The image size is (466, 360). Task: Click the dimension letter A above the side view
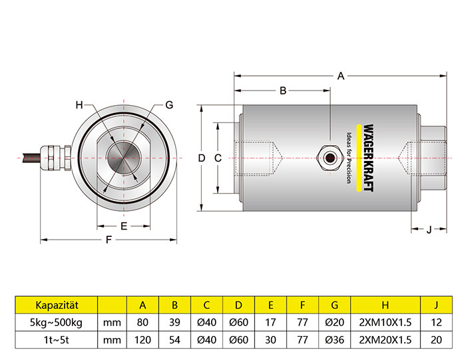341,76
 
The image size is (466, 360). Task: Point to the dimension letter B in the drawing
283,90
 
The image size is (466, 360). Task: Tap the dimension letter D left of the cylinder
202,158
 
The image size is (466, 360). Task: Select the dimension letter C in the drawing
218,158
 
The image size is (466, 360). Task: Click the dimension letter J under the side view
429,230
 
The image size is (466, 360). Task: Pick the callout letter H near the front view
79,105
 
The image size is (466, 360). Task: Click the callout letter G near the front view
169,105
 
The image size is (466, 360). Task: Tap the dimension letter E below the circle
124,226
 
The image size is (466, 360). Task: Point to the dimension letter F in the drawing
109,240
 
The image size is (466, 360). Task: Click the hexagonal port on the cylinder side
330,158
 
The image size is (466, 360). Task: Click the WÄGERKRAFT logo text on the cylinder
369,158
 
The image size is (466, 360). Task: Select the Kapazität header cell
57,305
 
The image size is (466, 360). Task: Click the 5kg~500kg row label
56,322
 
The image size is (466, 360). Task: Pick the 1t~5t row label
56,340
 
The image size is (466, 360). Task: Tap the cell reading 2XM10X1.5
385,322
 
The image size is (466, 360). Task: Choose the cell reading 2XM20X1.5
385,340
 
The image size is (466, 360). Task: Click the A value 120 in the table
142,340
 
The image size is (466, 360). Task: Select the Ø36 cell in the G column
335,340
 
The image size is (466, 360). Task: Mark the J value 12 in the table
436,322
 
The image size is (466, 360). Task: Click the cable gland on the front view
56,158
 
